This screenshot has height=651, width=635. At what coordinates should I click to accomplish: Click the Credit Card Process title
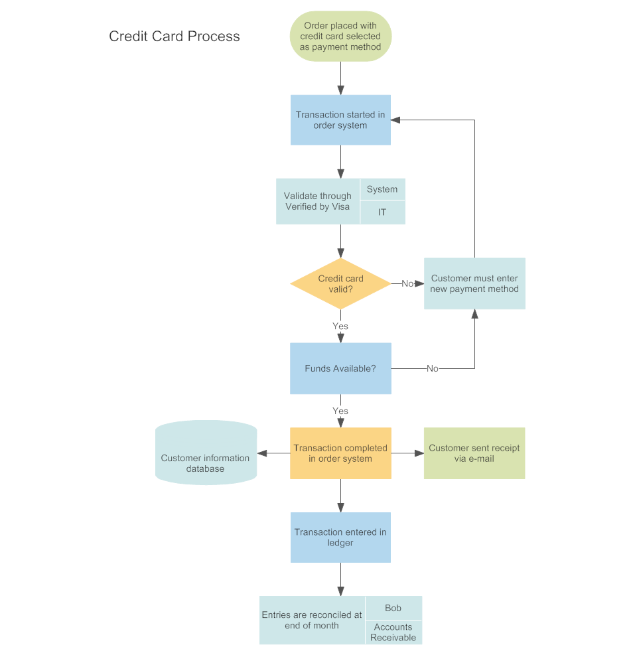tap(175, 36)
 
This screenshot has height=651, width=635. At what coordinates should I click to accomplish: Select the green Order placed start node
tap(340, 36)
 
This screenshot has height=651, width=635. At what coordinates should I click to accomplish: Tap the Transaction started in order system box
tap(340, 120)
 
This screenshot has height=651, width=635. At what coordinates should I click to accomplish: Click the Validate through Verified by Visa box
tap(317, 201)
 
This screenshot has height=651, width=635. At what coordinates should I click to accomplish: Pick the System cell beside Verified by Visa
tap(382, 189)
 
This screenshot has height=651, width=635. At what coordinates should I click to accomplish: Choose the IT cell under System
tap(382, 212)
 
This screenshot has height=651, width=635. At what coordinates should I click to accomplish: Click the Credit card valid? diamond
tap(340, 283)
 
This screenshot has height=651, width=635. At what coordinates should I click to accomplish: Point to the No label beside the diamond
tap(407, 283)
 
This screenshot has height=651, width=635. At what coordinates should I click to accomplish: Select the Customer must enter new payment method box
tap(474, 283)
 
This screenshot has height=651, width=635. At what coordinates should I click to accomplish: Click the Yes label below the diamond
tap(340, 326)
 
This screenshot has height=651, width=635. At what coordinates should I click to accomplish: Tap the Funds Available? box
tap(340, 368)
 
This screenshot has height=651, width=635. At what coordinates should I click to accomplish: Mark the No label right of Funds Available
tap(433, 368)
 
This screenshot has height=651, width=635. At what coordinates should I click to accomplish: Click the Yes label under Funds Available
tap(340, 411)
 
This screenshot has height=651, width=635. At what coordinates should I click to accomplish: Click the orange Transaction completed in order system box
tap(340, 453)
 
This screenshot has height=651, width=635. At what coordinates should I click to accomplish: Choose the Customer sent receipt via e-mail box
tap(474, 453)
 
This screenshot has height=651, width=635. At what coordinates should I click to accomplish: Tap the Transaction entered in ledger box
tap(340, 538)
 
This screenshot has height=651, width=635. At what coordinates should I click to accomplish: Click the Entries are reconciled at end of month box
tap(312, 620)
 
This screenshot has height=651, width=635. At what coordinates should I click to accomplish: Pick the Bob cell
tap(393, 608)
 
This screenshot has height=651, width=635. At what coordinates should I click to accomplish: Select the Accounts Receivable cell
tap(393, 632)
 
